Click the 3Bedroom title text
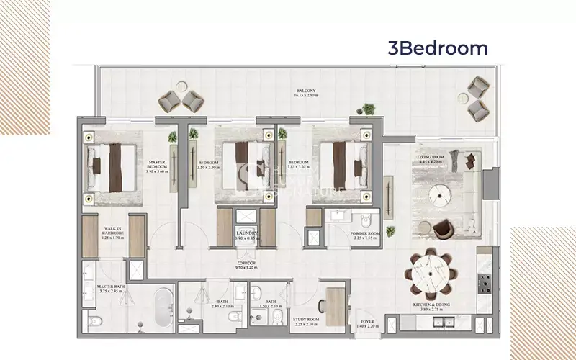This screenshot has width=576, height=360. tap(438, 48)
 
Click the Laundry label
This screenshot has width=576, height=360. tap(247, 236)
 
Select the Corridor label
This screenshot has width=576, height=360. tap(247, 265)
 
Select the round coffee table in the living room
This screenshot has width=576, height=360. tap(438, 194)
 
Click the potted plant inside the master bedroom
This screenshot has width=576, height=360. tap(173, 137)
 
